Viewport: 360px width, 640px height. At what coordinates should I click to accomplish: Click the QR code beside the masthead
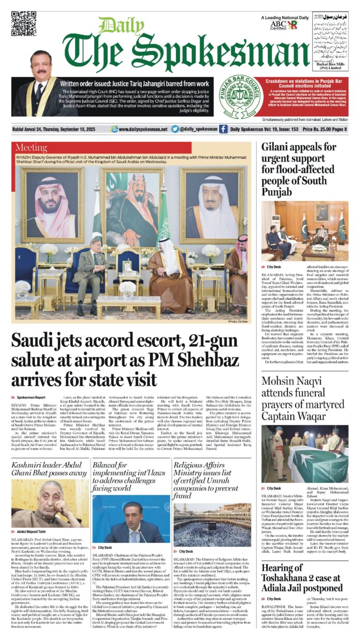click(x=23, y=23)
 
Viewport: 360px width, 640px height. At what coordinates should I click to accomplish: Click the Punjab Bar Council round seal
click(x=238, y=97)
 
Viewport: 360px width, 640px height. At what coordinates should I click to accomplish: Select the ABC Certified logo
click(x=278, y=25)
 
